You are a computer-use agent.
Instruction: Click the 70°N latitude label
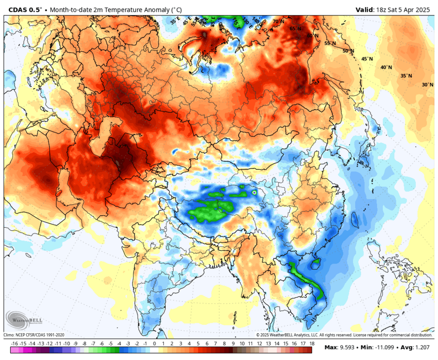(x=278, y=22)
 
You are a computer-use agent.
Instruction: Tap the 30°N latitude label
(x=427, y=85)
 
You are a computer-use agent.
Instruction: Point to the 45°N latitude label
(x=367, y=59)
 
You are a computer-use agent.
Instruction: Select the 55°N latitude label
(x=330, y=43)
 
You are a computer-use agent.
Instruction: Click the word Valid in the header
(x=364, y=9)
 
